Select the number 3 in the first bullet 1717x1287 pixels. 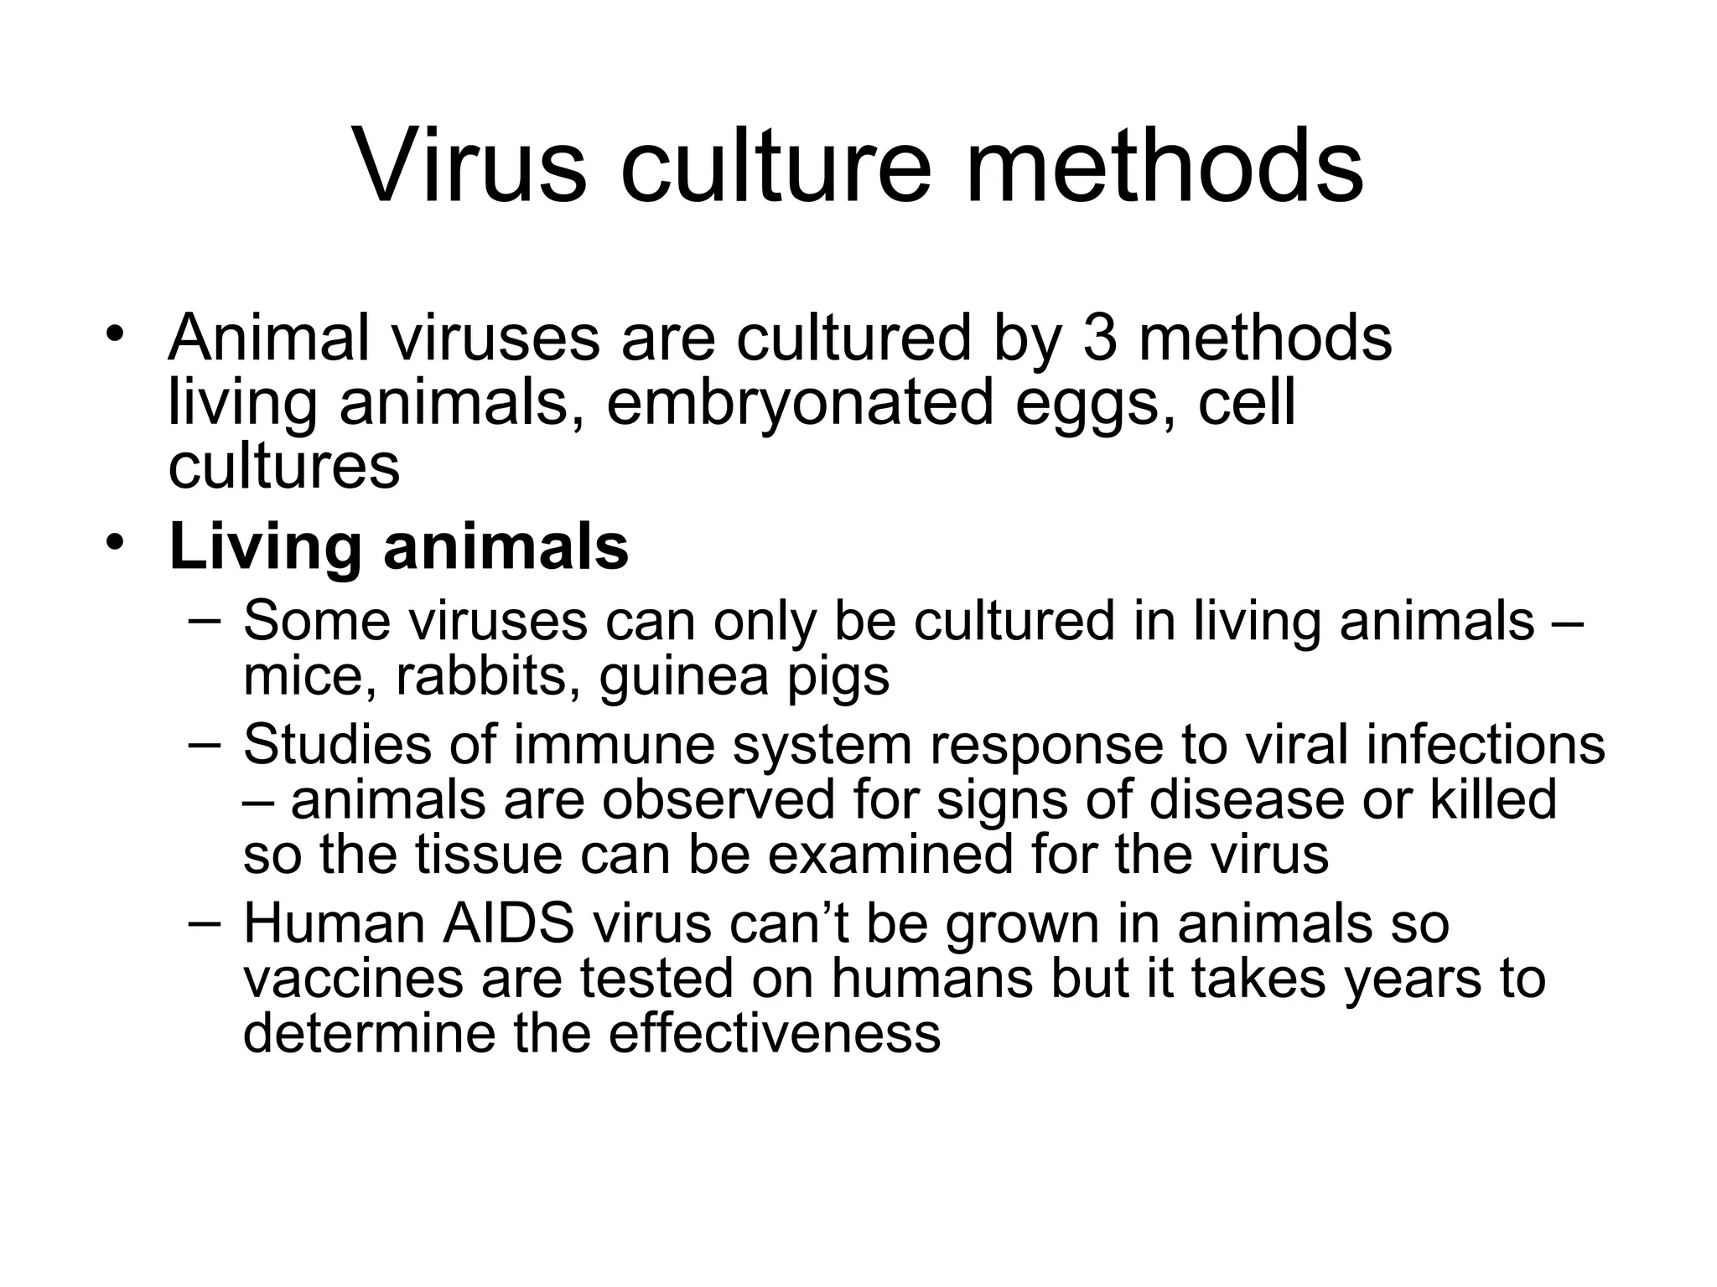[x=1100, y=339]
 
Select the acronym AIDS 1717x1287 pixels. [x=508, y=923]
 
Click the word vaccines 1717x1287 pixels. [x=352, y=979]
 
